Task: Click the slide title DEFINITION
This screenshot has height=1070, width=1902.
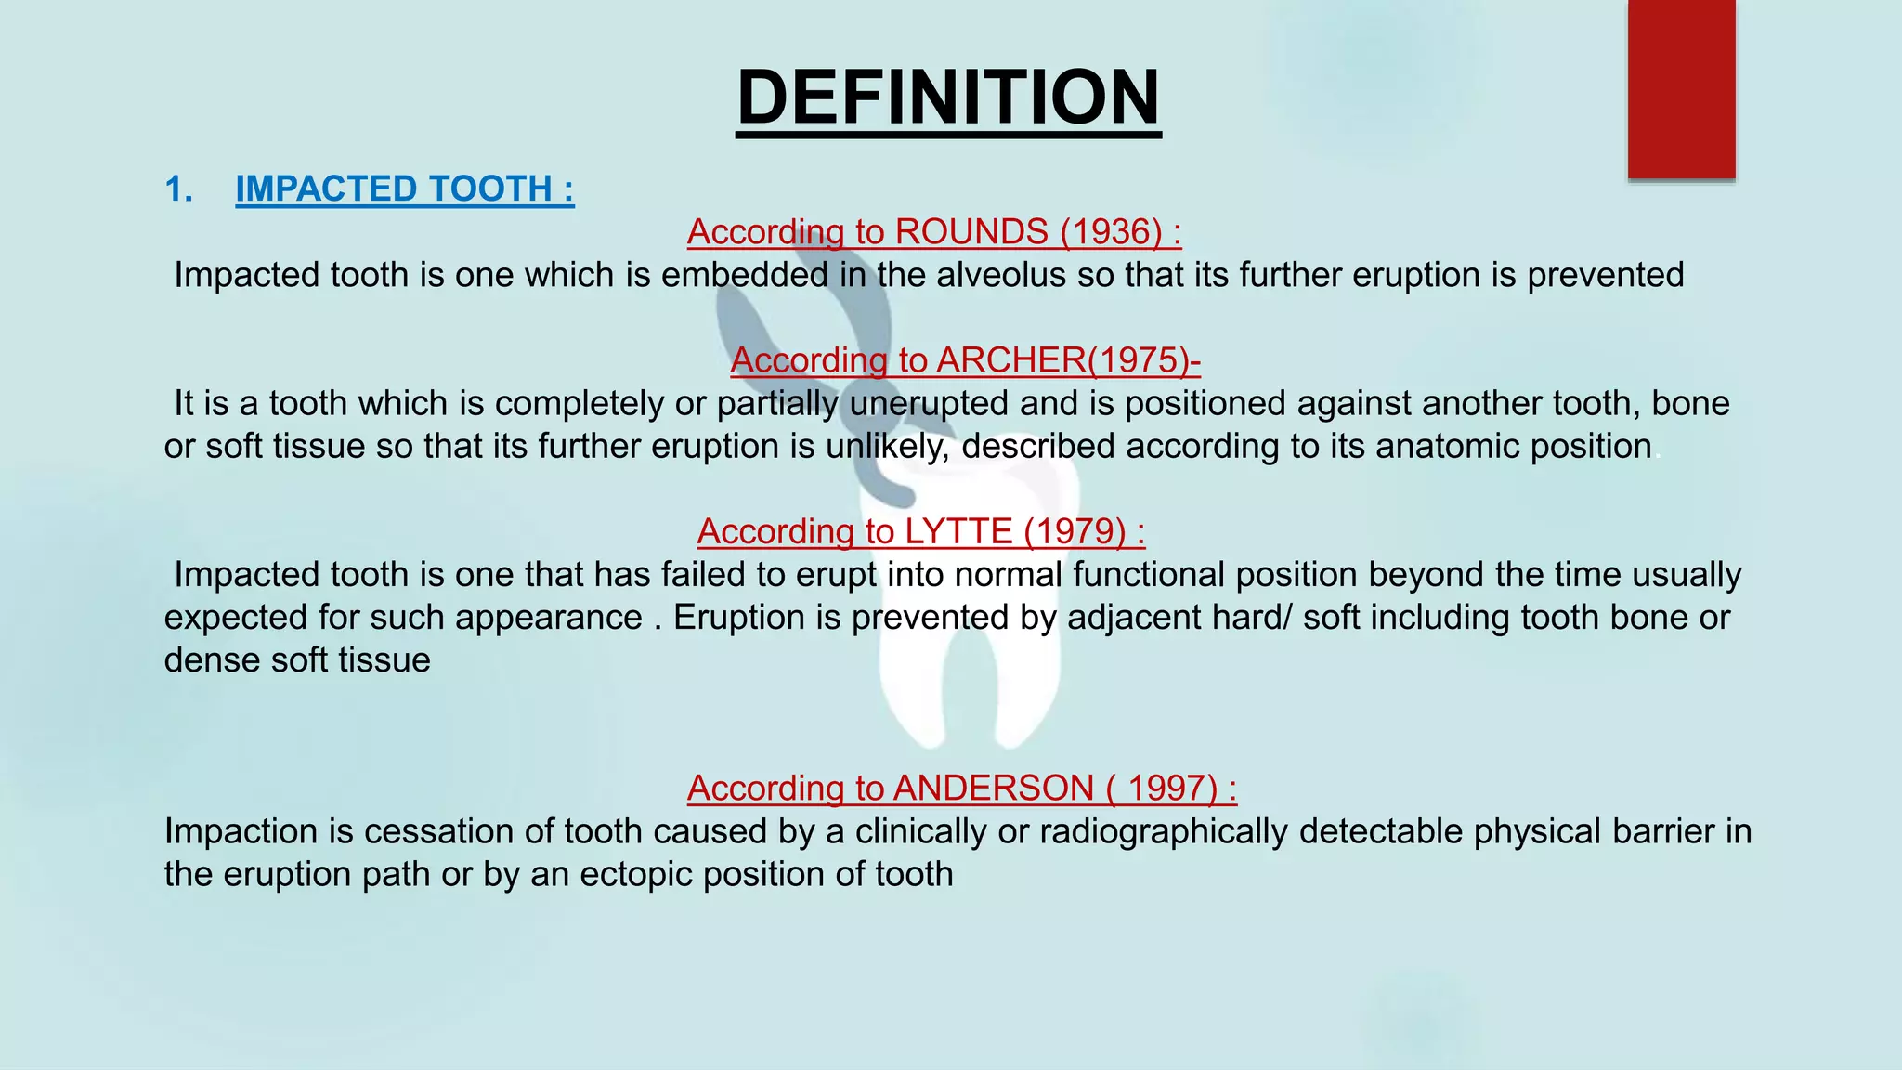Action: pyautogui.click(x=948, y=98)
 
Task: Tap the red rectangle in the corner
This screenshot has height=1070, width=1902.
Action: pyautogui.click(x=1681, y=89)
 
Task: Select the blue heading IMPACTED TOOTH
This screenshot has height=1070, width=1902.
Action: pyautogui.click(x=404, y=189)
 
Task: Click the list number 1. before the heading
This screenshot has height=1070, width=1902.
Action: pyautogui.click(x=178, y=189)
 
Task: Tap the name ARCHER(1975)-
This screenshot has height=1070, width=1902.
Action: pyautogui.click(x=1068, y=359)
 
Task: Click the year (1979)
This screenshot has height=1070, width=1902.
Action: pyautogui.click(x=1075, y=531)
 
